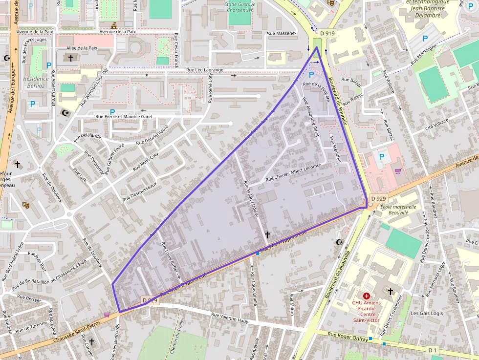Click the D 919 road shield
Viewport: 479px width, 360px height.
tap(327, 33)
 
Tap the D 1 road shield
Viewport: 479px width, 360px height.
tap(432, 350)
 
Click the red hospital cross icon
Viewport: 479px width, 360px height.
tap(366, 296)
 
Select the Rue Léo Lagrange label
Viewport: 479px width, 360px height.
tap(205, 70)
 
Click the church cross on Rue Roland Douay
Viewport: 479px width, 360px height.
tap(267, 235)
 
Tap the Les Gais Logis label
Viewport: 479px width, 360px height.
tap(427, 314)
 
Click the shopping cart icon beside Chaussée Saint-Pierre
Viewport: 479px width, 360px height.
tap(107, 315)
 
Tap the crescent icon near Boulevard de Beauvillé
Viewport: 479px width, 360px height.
tap(339, 242)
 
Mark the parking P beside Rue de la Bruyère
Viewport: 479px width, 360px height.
tap(311, 75)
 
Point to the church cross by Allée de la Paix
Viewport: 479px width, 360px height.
tap(71, 58)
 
